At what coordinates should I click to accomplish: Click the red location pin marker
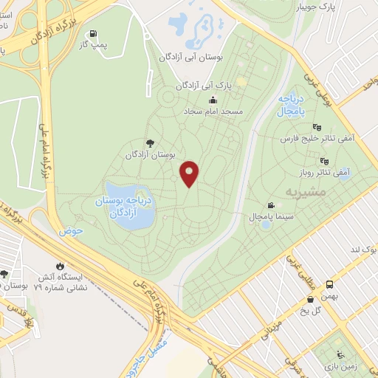click(190, 173)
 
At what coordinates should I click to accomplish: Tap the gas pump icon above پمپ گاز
click(92, 33)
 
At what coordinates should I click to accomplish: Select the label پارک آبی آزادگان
click(205, 86)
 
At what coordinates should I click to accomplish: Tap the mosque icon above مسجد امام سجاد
click(213, 100)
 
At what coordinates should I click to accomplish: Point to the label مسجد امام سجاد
click(215, 111)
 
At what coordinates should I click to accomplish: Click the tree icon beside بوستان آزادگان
click(151, 142)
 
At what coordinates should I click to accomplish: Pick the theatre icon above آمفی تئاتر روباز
click(323, 159)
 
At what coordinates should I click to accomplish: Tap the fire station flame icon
click(60, 265)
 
